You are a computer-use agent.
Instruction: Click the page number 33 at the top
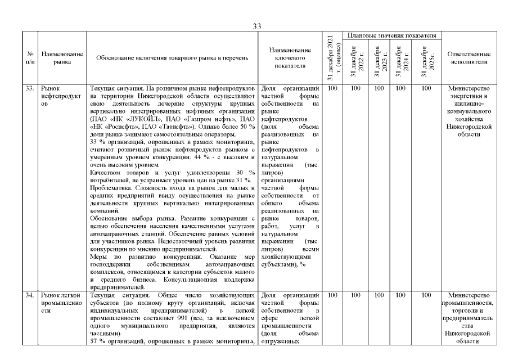257,26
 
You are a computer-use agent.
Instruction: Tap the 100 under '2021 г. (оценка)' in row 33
332,88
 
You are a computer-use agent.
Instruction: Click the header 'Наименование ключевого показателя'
289,58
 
